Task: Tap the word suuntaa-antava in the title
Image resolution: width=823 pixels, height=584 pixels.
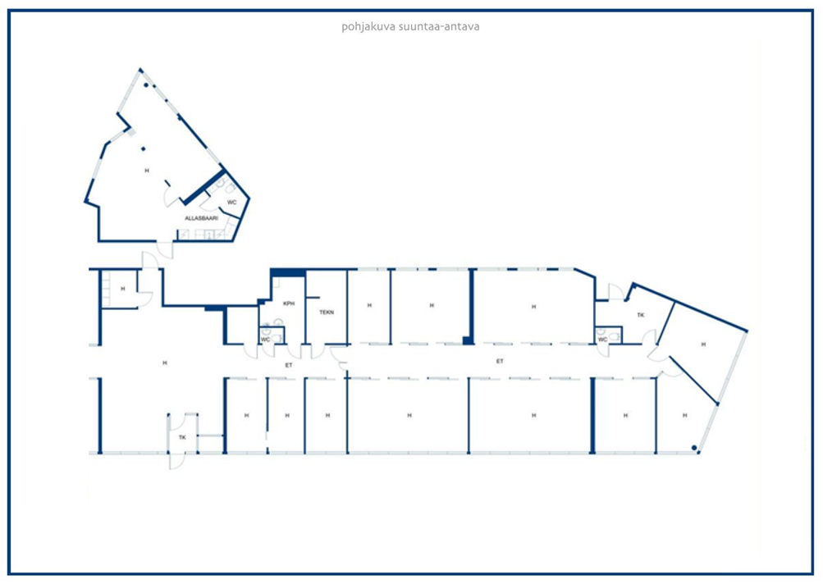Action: click(439, 26)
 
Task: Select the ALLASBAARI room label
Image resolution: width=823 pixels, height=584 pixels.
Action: click(201, 218)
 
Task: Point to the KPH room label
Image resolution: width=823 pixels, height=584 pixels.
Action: click(289, 303)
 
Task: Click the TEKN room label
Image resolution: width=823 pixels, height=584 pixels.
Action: click(327, 313)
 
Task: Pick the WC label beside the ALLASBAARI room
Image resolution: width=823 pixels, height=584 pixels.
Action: click(231, 202)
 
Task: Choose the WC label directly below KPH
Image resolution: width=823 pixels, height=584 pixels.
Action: click(266, 340)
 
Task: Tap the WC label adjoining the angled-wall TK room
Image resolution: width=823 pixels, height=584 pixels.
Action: click(602, 340)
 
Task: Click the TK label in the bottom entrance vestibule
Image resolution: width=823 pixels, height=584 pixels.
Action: click(182, 437)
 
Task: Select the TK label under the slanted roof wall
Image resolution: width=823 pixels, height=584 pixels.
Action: click(640, 315)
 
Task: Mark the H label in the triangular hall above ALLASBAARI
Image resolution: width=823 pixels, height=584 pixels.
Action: click(147, 171)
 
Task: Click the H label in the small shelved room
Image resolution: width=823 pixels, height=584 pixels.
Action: click(123, 289)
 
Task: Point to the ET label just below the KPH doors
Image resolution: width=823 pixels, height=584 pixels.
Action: click(289, 365)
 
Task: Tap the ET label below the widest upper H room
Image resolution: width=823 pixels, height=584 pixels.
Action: click(500, 361)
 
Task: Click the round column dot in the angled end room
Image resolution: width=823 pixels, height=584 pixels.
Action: click(694, 448)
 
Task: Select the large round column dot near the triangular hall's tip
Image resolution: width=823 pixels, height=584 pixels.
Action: click(146, 84)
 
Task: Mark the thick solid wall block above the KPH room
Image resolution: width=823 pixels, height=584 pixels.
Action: click(288, 273)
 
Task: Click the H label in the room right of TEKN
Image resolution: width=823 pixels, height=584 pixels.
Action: click(369, 305)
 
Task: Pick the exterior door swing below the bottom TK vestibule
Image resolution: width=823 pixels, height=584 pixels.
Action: click(177, 462)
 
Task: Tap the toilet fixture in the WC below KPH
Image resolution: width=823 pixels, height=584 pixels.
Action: click(266, 331)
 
